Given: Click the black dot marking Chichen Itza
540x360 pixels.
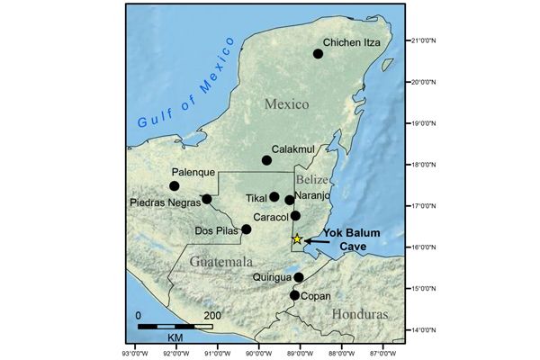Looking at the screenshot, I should pyautogui.click(x=318, y=54).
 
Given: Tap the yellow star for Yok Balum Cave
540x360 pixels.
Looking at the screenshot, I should pyautogui.click(x=297, y=239).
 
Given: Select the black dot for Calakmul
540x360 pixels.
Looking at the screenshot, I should pyautogui.click(x=266, y=160).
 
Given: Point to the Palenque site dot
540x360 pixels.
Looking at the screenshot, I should pyautogui.click(x=174, y=186).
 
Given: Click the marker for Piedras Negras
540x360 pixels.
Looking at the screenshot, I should pyautogui.click(x=206, y=199).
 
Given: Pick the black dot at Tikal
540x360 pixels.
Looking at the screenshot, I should pyautogui.click(x=274, y=196).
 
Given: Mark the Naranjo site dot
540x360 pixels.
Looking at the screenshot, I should pyautogui.click(x=289, y=200).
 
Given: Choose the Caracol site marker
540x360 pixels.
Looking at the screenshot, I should pyautogui.click(x=295, y=215).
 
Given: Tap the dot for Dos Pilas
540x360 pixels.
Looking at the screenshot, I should pyautogui.click(x=246, y=229).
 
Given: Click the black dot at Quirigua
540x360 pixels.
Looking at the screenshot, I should pyautogui.click(x=299, y=277).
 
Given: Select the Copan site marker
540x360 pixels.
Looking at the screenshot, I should pyautogui.click(x=294, y=295).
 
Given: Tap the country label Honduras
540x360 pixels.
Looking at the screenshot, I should pyautogui.click(x=360, y=314).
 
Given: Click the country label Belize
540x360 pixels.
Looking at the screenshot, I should pyautogui.click(x=315, y=180).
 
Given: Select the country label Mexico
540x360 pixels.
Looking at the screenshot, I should pyautogui.click(x=286, y=105).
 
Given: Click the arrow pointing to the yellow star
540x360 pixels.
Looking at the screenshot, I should pyautogui.click(x=317, y=240).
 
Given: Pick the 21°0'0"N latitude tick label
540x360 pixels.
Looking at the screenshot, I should pyautogui.click(x=421, y=40).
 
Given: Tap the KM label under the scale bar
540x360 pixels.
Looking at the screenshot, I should pyautogui.click(x=175, y=335).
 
